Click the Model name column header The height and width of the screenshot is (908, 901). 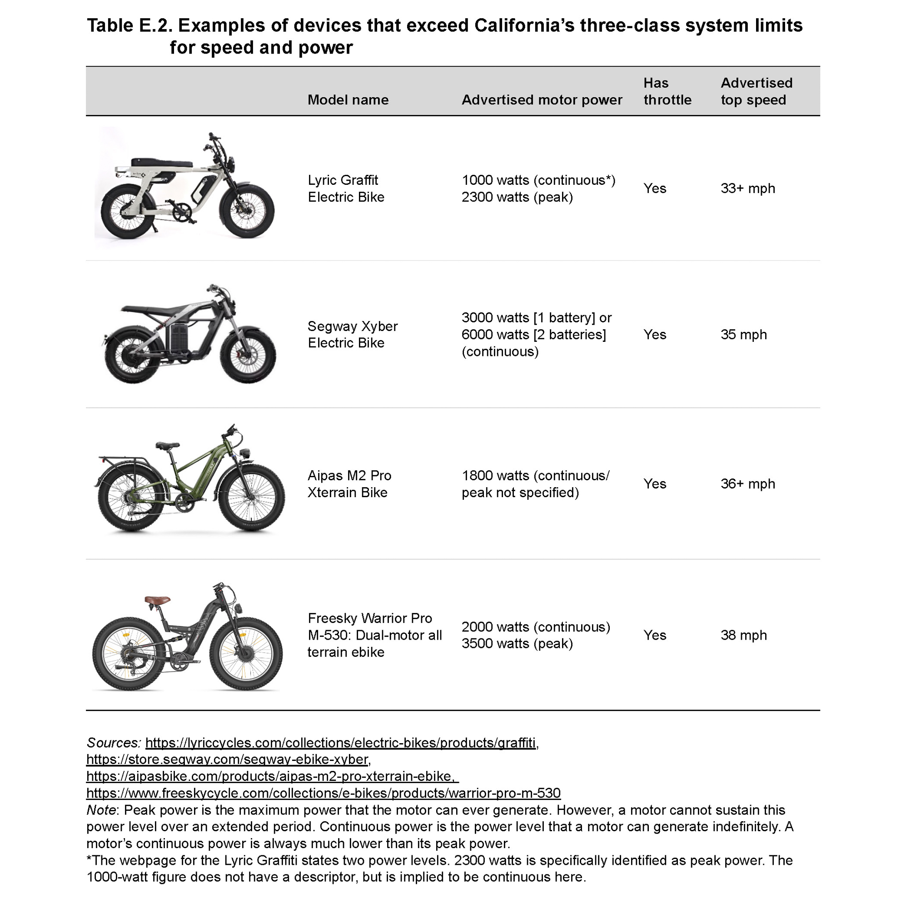348,99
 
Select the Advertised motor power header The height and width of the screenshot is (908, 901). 541,99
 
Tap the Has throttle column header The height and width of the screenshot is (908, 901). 667,91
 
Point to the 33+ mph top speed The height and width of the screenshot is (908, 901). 747,188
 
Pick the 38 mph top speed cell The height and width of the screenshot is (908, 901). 743,635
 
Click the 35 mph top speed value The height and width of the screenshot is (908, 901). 743,335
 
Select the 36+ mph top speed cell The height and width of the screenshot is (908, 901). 747,484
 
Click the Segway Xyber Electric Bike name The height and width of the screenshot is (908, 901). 352,334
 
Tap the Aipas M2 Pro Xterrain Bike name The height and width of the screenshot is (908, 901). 349,484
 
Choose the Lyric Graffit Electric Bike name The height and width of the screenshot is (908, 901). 346,188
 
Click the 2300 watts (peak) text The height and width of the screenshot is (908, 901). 517,197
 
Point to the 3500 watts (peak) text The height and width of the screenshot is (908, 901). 517,643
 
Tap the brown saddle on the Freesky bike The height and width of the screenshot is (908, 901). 158,600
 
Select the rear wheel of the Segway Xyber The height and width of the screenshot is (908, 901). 132,353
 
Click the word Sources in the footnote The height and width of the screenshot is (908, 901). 113,743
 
